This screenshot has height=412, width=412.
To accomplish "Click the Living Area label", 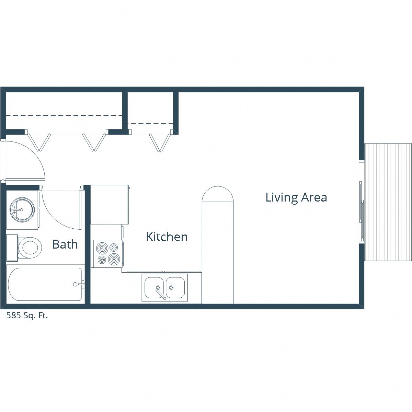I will click(x=296, y=197).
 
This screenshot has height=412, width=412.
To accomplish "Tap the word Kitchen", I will click(x=167, y=237).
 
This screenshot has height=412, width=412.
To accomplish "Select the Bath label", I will click(x=65, y=244).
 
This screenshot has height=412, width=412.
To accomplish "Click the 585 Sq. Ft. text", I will click(x=27, y=316).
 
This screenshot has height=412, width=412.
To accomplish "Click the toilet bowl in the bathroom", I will click(x=30, y=247).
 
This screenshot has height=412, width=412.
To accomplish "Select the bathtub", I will click(x=45, y=284).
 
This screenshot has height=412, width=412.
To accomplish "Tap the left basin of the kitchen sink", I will click(x=154, y=288).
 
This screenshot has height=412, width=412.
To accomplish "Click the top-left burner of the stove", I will click(x=102, y=248).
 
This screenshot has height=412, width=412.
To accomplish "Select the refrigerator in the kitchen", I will click(x=109, y=204).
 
